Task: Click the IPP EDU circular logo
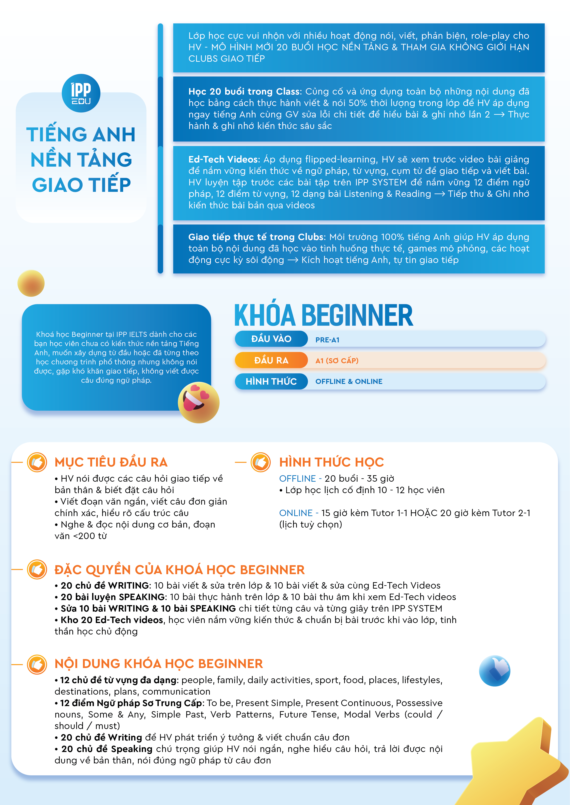[81, 93]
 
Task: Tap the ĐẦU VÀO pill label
[271, 339]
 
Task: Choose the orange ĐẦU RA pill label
[271, 361]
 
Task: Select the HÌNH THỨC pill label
[271, 381]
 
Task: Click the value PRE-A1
[327, 340]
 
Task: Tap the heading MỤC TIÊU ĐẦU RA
[111, 462]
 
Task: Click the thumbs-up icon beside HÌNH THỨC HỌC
[261, 462]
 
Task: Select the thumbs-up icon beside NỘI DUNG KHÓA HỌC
[37, 664]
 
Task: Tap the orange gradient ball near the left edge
[31, 283]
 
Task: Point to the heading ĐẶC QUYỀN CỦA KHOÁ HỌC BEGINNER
[179, 570]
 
